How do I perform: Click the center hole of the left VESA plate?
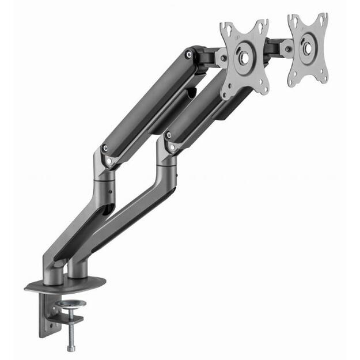pos(244,57)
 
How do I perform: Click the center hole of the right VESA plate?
pos(308,48)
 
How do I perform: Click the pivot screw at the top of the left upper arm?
pos(188,54)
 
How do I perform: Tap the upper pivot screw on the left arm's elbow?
pos(105,149)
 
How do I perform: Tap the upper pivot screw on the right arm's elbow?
pos(168,136)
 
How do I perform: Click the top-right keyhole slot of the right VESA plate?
pos(323,19)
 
